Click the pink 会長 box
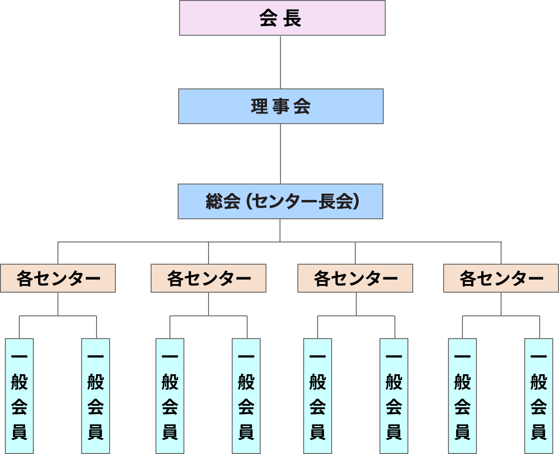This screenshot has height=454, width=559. [x=282, y=18]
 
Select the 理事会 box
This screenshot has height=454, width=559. [x=280, y=106]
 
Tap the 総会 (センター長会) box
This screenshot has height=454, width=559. [x=280, y=201]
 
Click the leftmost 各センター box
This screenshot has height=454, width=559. [x=58, y=278]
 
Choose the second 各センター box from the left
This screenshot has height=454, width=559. [x=209, y=278]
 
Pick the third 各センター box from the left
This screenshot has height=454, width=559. [x=355, y=278]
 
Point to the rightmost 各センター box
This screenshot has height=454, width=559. [x=501, y=278]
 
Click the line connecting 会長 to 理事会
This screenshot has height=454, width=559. [x=280, y=62]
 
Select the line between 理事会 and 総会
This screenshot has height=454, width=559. [x=280, y=154]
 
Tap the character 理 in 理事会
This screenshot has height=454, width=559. [x=259, y=107]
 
